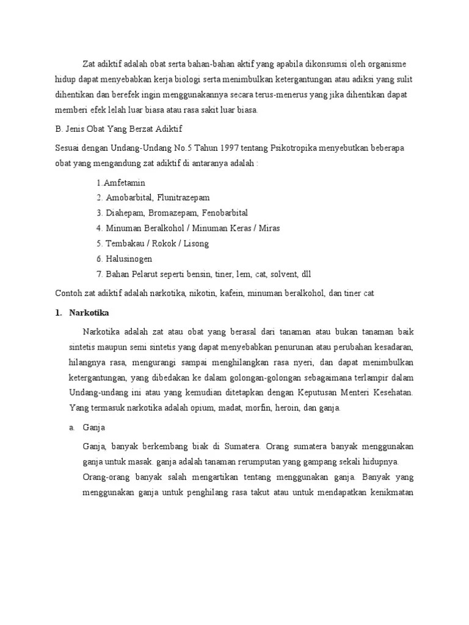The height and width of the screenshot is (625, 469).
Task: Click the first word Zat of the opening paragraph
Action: [x=90, y=64]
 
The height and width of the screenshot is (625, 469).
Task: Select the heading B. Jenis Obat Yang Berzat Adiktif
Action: [x=118, y=129]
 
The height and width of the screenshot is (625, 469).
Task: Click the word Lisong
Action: [x=195, y=244]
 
